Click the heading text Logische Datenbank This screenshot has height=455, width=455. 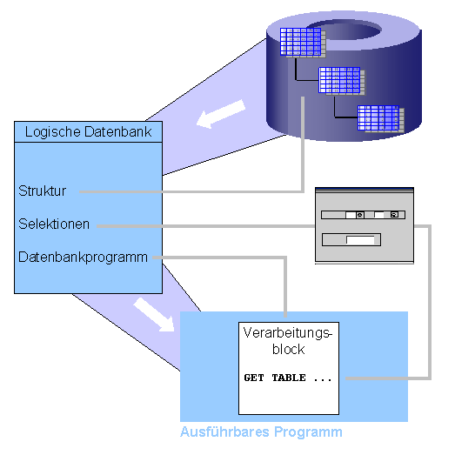coord(88,132)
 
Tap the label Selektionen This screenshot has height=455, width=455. coord(54,224)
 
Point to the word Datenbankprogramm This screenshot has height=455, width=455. coord(84,258)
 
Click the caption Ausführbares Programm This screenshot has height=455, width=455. coord(261,432)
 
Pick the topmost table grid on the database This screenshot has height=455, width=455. coord(300,42)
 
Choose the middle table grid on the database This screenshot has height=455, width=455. coord(339,80)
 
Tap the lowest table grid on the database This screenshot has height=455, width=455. coord(378,117)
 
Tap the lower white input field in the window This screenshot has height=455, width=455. coord(358,241)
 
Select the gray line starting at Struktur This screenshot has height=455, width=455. coord(191,191)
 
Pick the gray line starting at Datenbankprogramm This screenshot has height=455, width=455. coord(226,258)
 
